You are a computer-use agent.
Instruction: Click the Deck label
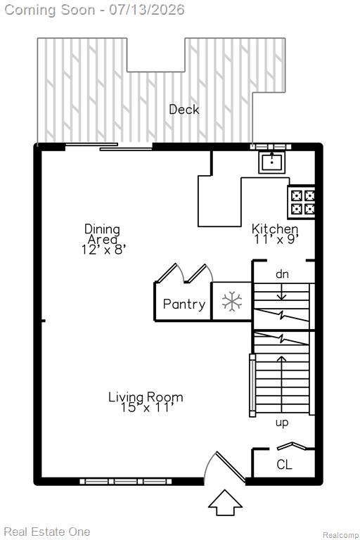[184, 110]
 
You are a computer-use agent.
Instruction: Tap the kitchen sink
[272, 162]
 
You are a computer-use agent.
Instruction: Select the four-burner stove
[301, 202]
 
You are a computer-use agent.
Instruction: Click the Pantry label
[184, 304]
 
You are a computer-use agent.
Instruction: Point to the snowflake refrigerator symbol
[232, 302]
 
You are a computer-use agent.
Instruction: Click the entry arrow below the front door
[225, 503]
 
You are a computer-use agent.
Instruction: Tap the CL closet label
[284, 465]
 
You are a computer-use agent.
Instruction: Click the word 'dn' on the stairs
[282, 274]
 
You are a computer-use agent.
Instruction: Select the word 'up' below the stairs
[282, 423]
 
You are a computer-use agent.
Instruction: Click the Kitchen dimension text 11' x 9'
[276, 239]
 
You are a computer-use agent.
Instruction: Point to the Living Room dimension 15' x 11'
[146, 408]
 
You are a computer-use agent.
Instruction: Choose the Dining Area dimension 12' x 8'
[103, 250]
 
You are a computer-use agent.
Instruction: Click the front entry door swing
[224, 468]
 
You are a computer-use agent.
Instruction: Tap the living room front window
[125, 482]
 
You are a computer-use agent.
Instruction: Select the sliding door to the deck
[109, 146]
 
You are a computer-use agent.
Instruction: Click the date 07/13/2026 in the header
[147, 9]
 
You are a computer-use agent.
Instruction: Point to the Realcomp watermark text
[340, 535]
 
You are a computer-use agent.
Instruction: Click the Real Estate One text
[47, 532]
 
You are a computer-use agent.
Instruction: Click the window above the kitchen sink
[271, 147]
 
